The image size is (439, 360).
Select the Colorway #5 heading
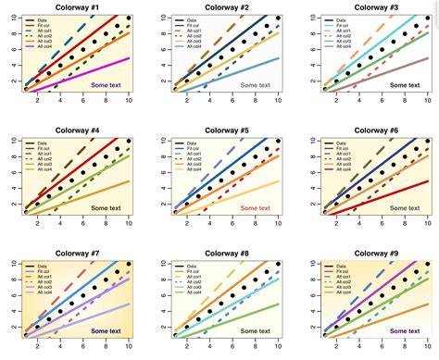point(225,130)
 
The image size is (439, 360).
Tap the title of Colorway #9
point(374,253)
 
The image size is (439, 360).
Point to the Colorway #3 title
point(374,6)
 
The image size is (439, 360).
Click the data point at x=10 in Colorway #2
point(279,18)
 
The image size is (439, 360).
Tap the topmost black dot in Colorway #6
point(428,141)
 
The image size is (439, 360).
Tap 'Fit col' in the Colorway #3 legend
point(346,25)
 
